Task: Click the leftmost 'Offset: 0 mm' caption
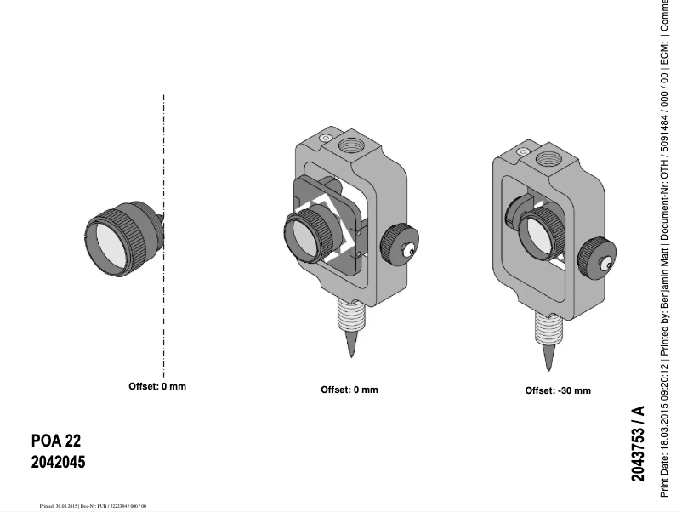tap(157, 386)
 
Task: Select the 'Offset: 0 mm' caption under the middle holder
tap(350, 390)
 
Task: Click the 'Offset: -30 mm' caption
tap(557, 390)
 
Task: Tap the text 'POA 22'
tap(56, 441)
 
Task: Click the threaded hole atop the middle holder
tap(351, 145)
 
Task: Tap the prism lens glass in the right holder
tap(537, 235)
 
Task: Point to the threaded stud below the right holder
tap(547, 326)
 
